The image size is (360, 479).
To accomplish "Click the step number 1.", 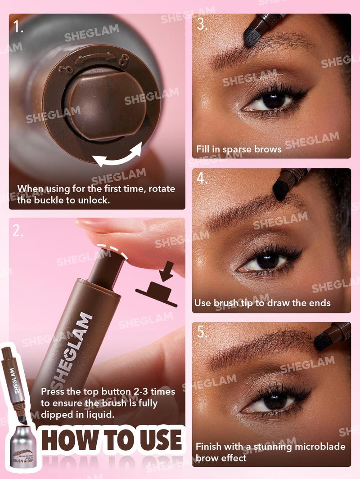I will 18,27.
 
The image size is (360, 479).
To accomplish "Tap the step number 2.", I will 18,231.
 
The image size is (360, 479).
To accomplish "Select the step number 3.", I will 202,24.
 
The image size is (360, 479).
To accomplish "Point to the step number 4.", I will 202,179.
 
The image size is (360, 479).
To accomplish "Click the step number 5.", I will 202,332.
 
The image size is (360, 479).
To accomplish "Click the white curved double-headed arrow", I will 117,158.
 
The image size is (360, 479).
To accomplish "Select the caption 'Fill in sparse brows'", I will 238,149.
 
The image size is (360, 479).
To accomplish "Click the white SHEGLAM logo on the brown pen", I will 72,351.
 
